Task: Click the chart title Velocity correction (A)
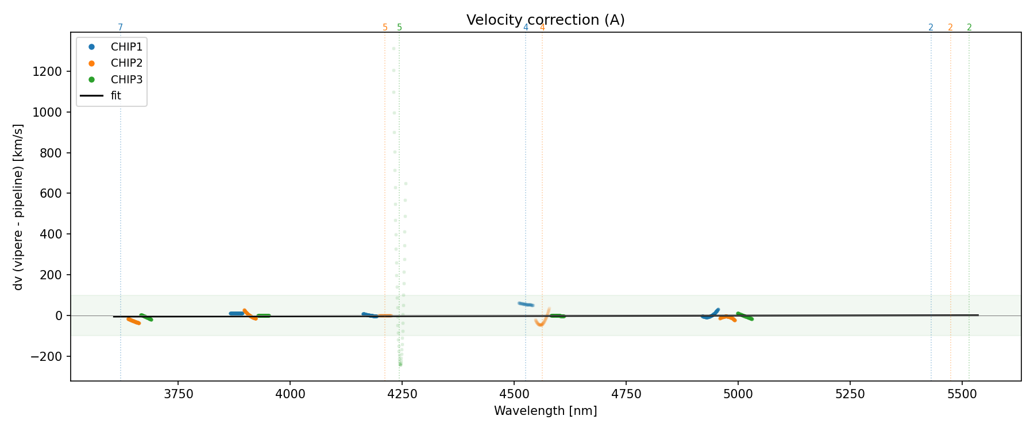tap(545, 20)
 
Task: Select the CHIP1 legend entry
tap(126, 47)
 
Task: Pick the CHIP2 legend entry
tap(126, 63)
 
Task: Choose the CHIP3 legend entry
tap(126, 79)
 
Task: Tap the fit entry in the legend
tap(116, 95)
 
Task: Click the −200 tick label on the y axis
tap(46, 356)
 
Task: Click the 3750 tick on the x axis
tap(178, 394)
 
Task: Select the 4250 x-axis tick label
tap(402, 394)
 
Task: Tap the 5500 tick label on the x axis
tap(962, 394)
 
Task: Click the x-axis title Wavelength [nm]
tap(545, 411)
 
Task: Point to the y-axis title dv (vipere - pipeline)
tap(18, 207)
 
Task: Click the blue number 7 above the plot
tap(120, 28)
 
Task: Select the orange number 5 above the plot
tap(385, 28)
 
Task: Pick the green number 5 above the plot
tap(399, 28)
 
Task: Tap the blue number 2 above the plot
tap(931, 28)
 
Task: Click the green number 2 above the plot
tap(969, 28)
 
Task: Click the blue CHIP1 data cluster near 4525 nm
tap(526, 304)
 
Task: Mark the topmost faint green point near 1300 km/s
tap(393, 48)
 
